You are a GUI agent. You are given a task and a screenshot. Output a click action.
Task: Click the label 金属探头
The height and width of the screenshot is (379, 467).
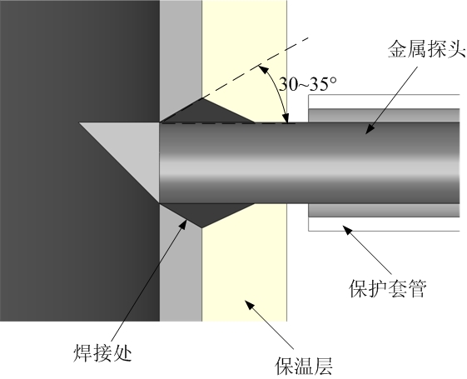click(426, 49)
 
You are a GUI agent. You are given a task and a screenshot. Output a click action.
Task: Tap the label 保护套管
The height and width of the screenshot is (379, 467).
click(387, 288)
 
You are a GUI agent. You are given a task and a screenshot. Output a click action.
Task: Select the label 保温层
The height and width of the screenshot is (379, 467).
click(304, 366)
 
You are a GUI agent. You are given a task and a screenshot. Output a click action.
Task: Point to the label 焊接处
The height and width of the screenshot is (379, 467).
click(102, 353)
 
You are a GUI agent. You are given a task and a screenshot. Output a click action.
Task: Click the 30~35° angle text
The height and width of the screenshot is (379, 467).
click(307, 84)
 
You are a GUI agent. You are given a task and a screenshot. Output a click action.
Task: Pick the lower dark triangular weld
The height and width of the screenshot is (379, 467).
click(206, 213)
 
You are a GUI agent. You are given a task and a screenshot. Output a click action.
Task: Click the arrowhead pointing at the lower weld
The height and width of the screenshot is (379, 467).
click(183, 224)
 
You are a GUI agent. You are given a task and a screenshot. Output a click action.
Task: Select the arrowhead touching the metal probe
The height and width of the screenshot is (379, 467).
click(370, 129)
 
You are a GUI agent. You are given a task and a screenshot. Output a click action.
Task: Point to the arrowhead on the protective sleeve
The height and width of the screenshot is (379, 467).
click(348, 230)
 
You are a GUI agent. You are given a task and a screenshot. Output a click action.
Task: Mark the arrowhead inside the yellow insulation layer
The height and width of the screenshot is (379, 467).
click(250, 305)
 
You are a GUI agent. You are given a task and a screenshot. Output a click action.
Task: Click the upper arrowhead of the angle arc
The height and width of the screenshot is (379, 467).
click(262, 69)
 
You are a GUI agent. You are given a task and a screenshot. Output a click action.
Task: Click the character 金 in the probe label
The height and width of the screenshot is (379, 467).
click(397, 49)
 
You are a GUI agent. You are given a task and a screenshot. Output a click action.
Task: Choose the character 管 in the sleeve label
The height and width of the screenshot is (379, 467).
click(417, 288)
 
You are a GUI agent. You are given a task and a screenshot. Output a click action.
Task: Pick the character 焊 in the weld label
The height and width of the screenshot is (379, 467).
click(82, 353)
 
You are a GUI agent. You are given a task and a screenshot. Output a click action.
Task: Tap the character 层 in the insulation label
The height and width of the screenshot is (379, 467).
click(323, 366)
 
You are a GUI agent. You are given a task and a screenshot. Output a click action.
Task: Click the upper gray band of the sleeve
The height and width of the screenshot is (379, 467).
click(384, 115)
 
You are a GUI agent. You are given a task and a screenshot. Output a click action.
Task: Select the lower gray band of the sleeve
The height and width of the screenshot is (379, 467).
click(384, 211)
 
